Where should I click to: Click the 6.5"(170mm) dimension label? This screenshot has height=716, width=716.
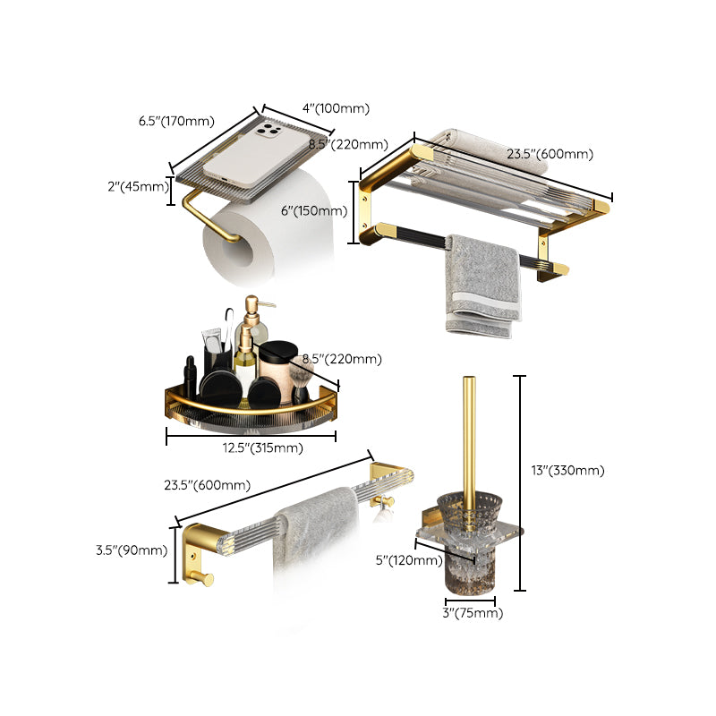click(176, 121)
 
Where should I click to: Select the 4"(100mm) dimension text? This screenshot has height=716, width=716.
click(336, 108)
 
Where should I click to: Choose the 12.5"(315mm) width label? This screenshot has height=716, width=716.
click(251, 447)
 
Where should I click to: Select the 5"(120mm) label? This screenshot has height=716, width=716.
click(408, 561)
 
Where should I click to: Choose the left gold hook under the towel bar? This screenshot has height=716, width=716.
click(206, 580)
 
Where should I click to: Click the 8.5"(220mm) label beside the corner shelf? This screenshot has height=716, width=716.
click(342, 359)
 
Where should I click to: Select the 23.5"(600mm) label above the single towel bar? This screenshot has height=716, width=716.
click(207, 485)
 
